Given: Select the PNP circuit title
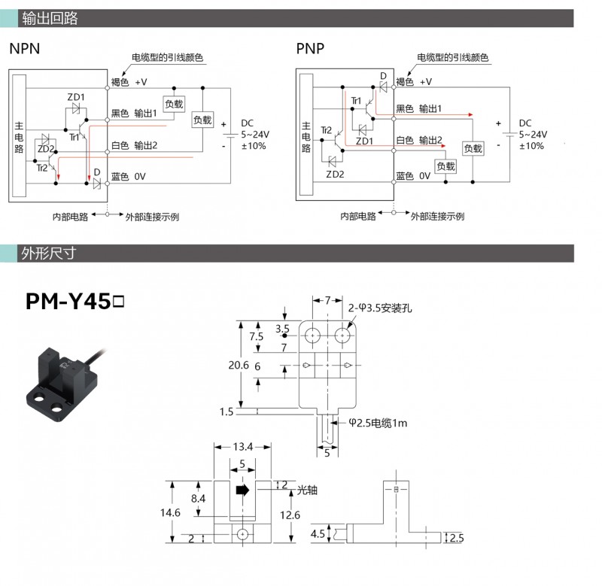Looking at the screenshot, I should click(309, 50).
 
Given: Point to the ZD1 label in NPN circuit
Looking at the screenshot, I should click(76, 97).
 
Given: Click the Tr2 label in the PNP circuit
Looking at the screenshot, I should click(326, 131).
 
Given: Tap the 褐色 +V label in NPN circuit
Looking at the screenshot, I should click(129, 81).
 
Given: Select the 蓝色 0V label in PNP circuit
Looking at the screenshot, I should click(413, 176).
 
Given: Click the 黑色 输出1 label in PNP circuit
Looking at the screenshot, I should click(418, 108).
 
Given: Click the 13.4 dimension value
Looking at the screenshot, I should click(242, 447).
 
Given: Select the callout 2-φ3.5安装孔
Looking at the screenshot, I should click(381, 308).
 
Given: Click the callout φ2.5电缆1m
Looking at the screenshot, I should click(378, 424).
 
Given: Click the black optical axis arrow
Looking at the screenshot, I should click(242, 490).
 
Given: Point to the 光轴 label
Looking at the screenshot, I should click(308, 490).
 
